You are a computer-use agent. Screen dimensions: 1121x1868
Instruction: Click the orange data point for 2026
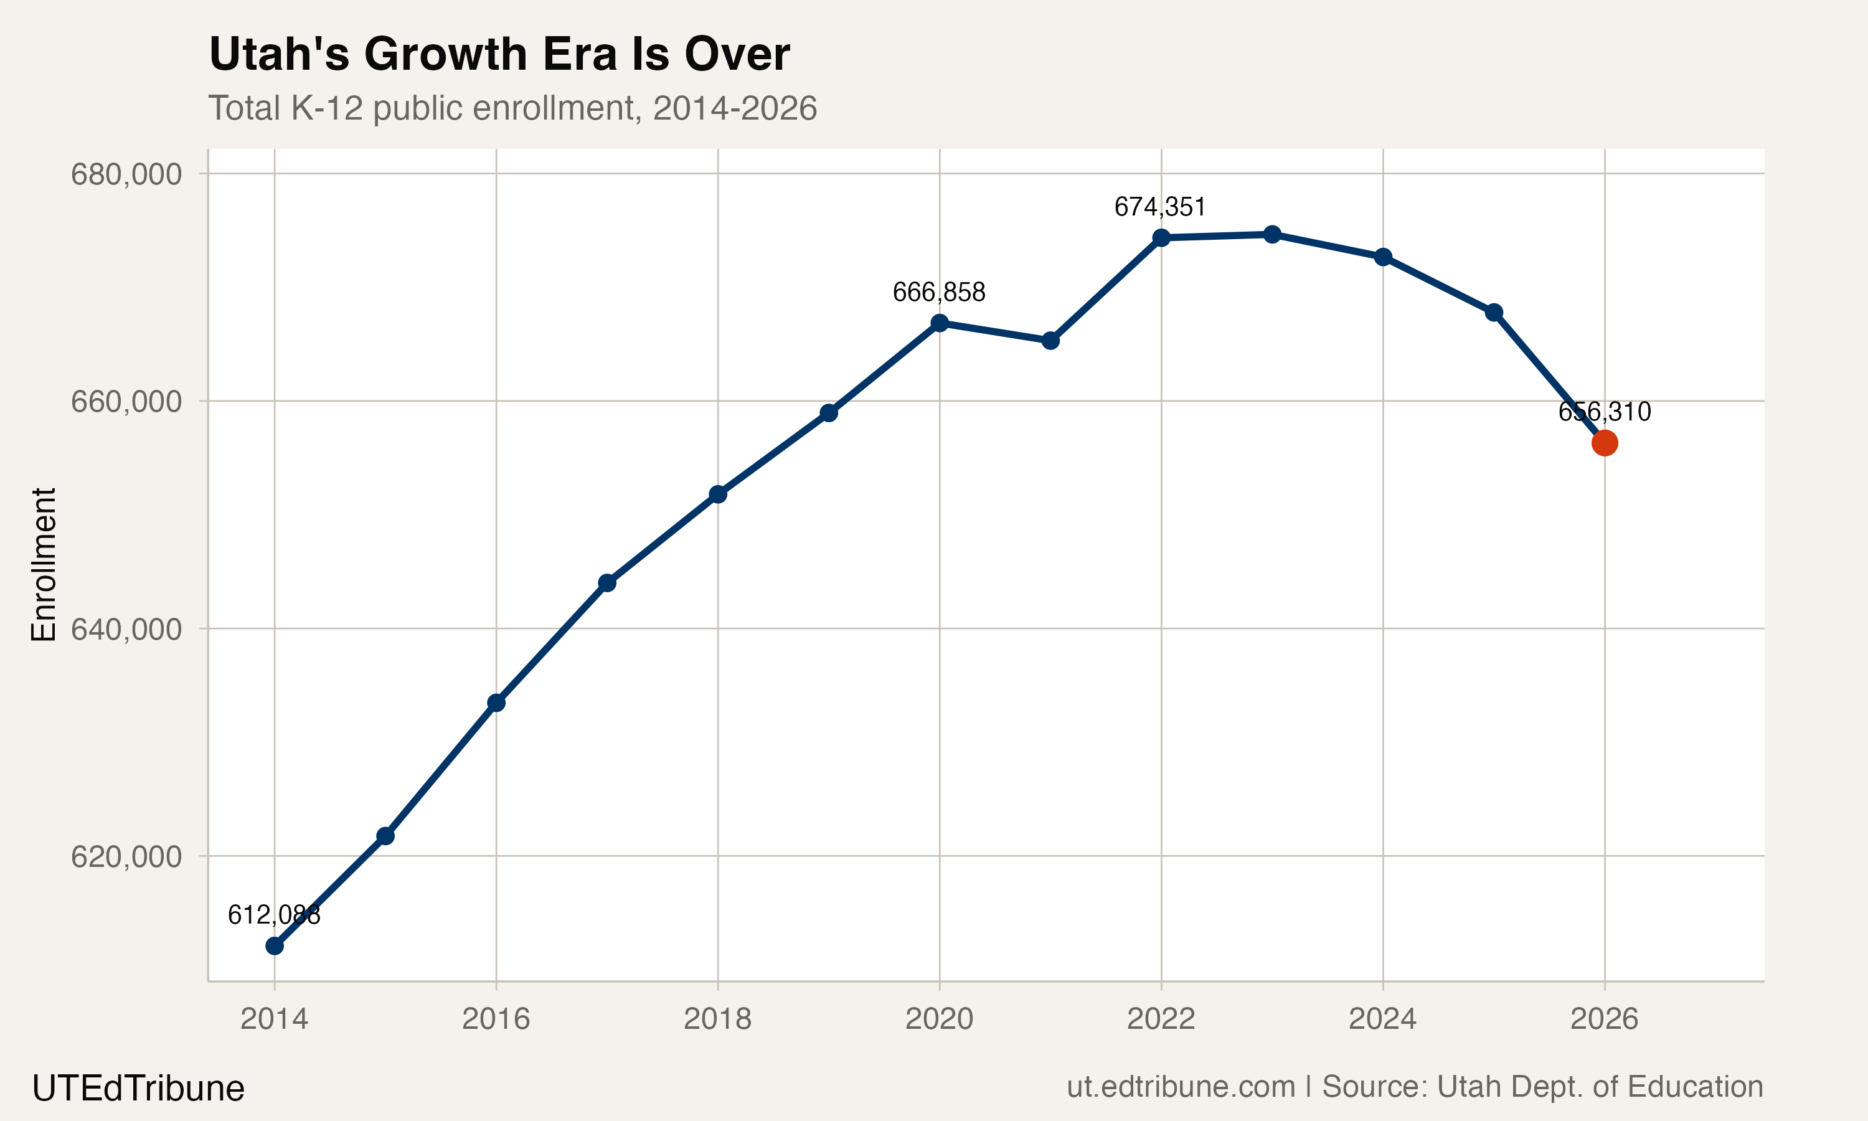1604,443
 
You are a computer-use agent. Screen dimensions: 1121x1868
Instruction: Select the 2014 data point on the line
275,946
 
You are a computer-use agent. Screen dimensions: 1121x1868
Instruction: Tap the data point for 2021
1050,341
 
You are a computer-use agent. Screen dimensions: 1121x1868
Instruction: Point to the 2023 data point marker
1272,234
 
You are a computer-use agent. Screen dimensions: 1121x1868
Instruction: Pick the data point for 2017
607,582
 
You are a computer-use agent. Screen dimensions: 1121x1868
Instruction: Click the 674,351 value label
1160,206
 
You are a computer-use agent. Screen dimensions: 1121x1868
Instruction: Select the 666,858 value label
938,291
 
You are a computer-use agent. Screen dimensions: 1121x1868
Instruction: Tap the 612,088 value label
274,915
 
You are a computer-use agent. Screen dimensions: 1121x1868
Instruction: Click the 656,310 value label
1605,412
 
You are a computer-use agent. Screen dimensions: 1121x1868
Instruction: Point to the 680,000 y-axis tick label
126,174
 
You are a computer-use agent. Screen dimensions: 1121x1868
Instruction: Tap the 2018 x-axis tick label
717,1019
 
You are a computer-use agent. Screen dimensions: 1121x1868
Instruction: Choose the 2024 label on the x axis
1382,1019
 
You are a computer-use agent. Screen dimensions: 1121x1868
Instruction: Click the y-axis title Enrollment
44,565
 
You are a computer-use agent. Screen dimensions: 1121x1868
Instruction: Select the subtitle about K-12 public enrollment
512,108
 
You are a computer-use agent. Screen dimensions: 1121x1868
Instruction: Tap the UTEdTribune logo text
138,1089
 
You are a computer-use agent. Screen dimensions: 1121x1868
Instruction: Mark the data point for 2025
1494,313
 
